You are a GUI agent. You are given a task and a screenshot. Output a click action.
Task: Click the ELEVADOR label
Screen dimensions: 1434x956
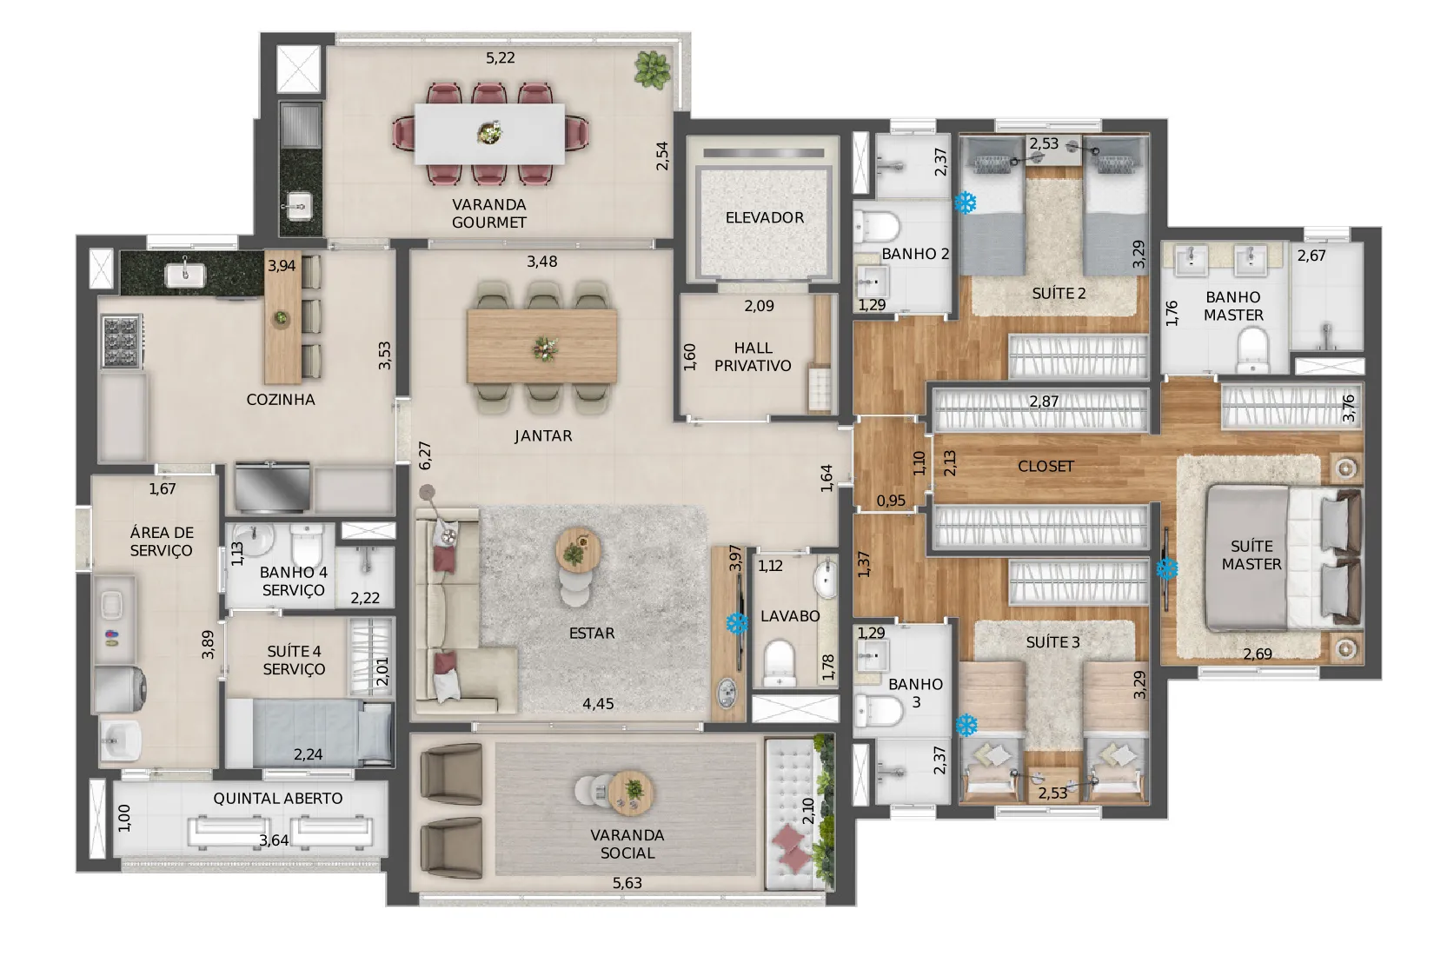(765, 218)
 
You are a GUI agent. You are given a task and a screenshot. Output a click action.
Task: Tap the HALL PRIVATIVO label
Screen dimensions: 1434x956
(753, 356)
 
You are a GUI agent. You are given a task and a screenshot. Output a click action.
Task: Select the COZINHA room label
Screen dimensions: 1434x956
(281, 400)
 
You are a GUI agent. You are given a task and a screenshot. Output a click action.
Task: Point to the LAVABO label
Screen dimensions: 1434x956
(790, 616)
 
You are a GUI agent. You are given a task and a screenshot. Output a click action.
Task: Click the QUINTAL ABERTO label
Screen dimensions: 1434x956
(278, 799)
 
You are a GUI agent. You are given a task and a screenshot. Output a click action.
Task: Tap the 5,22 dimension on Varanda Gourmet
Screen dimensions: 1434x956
(500, 58)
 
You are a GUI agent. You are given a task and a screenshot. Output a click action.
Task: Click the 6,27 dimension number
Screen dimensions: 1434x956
(425, 455)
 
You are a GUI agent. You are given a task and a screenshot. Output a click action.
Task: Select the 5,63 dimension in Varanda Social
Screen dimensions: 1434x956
(627, 883)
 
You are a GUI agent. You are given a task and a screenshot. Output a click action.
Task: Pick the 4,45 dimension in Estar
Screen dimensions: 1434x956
(598, 704)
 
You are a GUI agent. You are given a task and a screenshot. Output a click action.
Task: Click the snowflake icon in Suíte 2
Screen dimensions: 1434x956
(966, 203)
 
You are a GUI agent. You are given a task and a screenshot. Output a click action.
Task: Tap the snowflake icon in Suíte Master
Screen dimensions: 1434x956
(1167, 568)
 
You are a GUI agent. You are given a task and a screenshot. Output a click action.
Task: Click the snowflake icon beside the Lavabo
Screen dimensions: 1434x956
(738, 623)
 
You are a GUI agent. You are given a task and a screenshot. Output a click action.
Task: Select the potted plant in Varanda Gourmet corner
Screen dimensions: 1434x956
(653, 70)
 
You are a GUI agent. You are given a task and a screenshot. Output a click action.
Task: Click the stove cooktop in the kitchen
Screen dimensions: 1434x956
(122, 341)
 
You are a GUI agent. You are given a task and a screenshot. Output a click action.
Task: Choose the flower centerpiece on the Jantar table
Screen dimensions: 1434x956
(545, 349)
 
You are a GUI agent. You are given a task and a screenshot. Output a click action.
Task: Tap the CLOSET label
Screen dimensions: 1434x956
(1046, 466)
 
